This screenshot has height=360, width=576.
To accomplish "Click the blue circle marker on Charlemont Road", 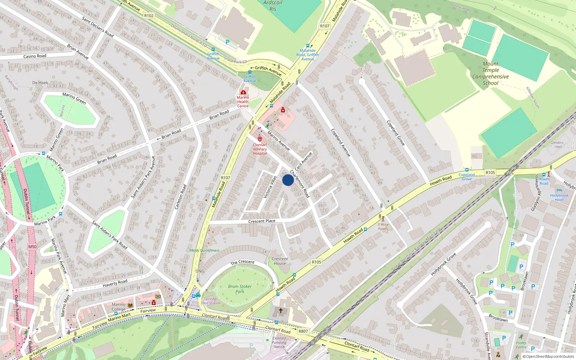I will (x=288, y=180).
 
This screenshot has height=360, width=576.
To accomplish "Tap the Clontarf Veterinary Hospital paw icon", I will (x=260, y=139).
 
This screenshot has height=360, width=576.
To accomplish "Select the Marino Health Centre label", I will (x=243, y=102).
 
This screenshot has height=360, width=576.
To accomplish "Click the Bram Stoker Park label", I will (x=240, y=289).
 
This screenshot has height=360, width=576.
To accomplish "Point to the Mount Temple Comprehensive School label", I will (x=490, y=73).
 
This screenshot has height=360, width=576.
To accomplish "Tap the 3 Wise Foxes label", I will (x=383, y=226).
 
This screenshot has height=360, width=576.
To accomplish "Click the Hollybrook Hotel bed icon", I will (x=559, y=190).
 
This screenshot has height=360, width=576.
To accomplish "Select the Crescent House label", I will (x=280, y=261).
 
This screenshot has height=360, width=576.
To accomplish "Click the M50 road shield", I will (x=32, y=247).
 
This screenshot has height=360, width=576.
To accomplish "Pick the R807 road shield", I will (x=303, y=331).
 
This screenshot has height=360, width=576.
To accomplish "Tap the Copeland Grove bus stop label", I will (x=467, y=177).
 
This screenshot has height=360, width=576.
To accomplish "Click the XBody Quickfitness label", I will (x=204, y=251).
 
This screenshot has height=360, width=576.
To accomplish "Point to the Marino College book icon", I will (x=130, y=305).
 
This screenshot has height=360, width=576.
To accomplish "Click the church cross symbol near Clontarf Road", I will (x=281, y=310).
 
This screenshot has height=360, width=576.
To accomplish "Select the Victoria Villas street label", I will (x=270, y=186).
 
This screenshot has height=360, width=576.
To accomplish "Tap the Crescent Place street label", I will (x=262, y=221).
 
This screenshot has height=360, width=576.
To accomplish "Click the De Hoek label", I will (x=40, y=83).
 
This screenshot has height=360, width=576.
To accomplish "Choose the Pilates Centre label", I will (x=521, y=345).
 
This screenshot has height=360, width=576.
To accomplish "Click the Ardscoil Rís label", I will (x=273, y=6).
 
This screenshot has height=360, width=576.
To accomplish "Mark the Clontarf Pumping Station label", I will (x=279, y=342).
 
